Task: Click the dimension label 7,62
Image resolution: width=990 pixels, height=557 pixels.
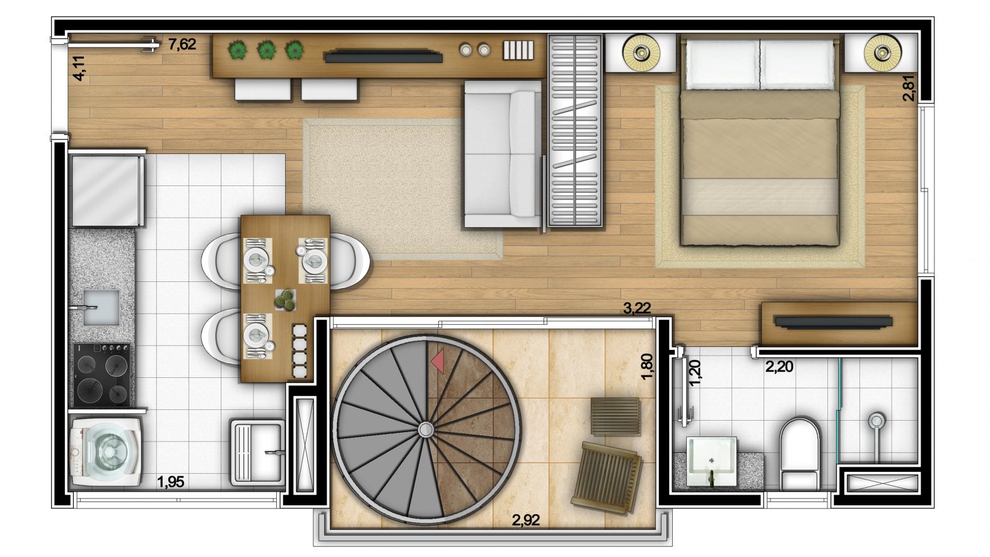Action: point(182,44)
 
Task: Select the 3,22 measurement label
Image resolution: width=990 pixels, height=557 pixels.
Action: point(637,308)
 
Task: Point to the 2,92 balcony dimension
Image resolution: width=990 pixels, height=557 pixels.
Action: point(526,520)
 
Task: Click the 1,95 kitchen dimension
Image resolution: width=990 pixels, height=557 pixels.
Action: point(171,482)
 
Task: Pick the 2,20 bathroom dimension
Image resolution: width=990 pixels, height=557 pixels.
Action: point(779,366)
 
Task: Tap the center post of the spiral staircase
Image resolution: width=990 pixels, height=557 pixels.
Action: point(426,428)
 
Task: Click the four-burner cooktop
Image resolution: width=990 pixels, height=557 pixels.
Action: point(102,375)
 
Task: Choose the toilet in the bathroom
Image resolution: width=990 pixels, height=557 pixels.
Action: point(800,454)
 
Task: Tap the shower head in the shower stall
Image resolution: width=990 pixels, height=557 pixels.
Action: point(877,421)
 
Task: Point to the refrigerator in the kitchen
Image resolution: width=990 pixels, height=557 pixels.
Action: point(107,190)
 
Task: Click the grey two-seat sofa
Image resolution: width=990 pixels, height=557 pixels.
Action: point(503,154)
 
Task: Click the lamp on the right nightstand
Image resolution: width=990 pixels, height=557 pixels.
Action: point(882,53)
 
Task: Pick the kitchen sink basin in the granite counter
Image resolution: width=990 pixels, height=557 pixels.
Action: point(102,307)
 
